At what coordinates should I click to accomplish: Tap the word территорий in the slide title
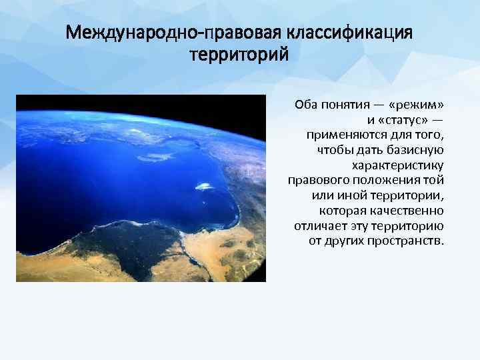(x=239, y=54)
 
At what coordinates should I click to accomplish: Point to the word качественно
(x=408, y=210)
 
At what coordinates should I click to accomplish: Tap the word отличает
(x=319, y=225)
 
